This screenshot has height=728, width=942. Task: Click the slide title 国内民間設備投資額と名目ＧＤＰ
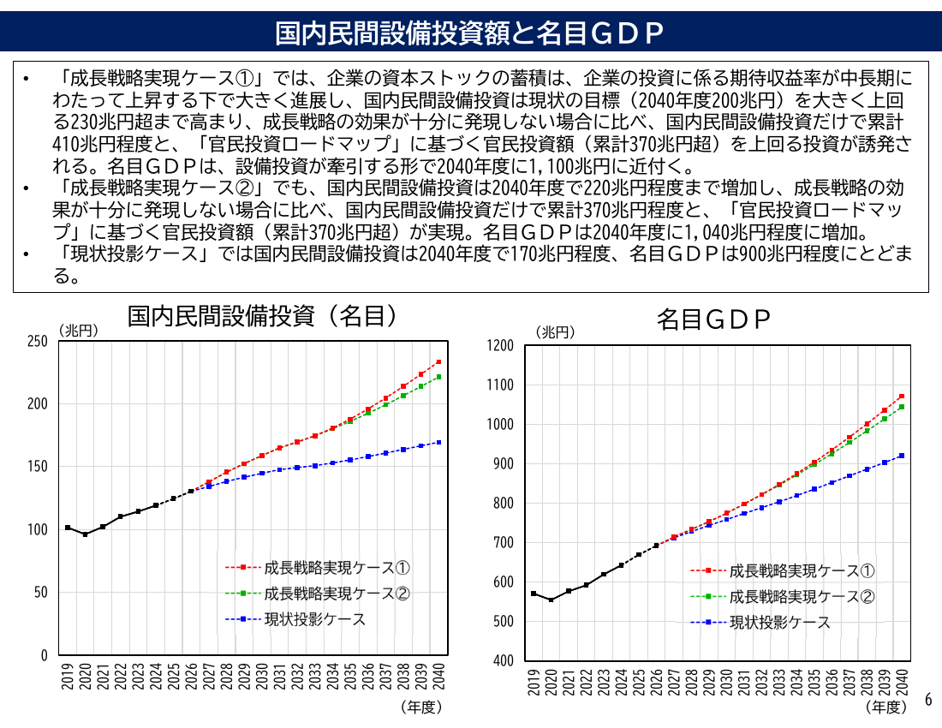pyautogui.click(x=469, y=33)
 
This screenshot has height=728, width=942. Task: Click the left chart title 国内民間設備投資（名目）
pyautogui.click(x=262, y=315)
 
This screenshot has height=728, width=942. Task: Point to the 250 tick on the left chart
pyautogui.click(x=37, y=341)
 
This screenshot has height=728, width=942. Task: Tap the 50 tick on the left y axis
pyautogui.click(x=41, y=593)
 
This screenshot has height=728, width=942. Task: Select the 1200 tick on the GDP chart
pyautogui.click(x=500, y=345)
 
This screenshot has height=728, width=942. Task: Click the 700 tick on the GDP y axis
pyautogui.click(x=504, y=542)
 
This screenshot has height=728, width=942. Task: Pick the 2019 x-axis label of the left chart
pyautogui.click(x=68, y=677)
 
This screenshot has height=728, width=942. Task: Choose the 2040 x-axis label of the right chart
pyautogui.click(x=902, y=683)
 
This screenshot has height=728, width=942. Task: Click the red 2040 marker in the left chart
pyautogui.click(x=438, y=361)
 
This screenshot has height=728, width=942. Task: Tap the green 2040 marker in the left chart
pyautogui.click(x=438, y=377)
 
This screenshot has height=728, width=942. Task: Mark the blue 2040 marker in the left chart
pyautogui.click(x=438, y=442)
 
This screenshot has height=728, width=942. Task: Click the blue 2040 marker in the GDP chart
pyautogui.click(x=902, y=456)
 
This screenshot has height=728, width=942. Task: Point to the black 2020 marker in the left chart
pyautogui.click(x=86, y=534)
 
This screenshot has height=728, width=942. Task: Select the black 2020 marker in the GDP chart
pyautogui.click(x=551, y=600)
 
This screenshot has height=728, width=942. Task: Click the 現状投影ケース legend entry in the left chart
pyautogui.click(x=295, y=619)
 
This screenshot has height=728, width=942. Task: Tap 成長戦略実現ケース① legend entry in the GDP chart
pyautogui.click(x=783, y=570)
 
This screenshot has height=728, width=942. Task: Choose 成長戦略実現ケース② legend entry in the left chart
pyautogui.click(x=318, y=594)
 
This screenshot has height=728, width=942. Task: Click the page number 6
pyautogui.click(x=928, y=700)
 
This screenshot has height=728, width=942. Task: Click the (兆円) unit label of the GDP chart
pyautogui.click(x=555, y=332)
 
